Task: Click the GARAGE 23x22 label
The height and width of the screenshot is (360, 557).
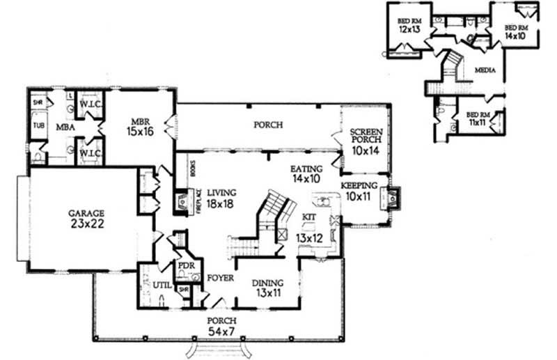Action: tap(86, 219)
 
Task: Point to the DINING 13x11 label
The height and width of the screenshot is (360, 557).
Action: tap(267, 288)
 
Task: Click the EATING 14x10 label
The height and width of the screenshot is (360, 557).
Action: tap(306, 174)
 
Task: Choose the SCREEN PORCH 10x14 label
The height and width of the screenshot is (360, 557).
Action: tap(366, 141)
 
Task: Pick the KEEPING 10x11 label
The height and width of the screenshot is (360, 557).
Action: tap(359, 191)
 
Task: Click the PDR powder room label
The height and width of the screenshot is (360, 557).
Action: tap(185, 267)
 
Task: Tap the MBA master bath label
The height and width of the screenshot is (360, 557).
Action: tap(65, 127)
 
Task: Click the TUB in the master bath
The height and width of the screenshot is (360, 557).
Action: tap(38, 126)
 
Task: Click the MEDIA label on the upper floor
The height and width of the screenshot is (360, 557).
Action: tap(485, 71)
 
